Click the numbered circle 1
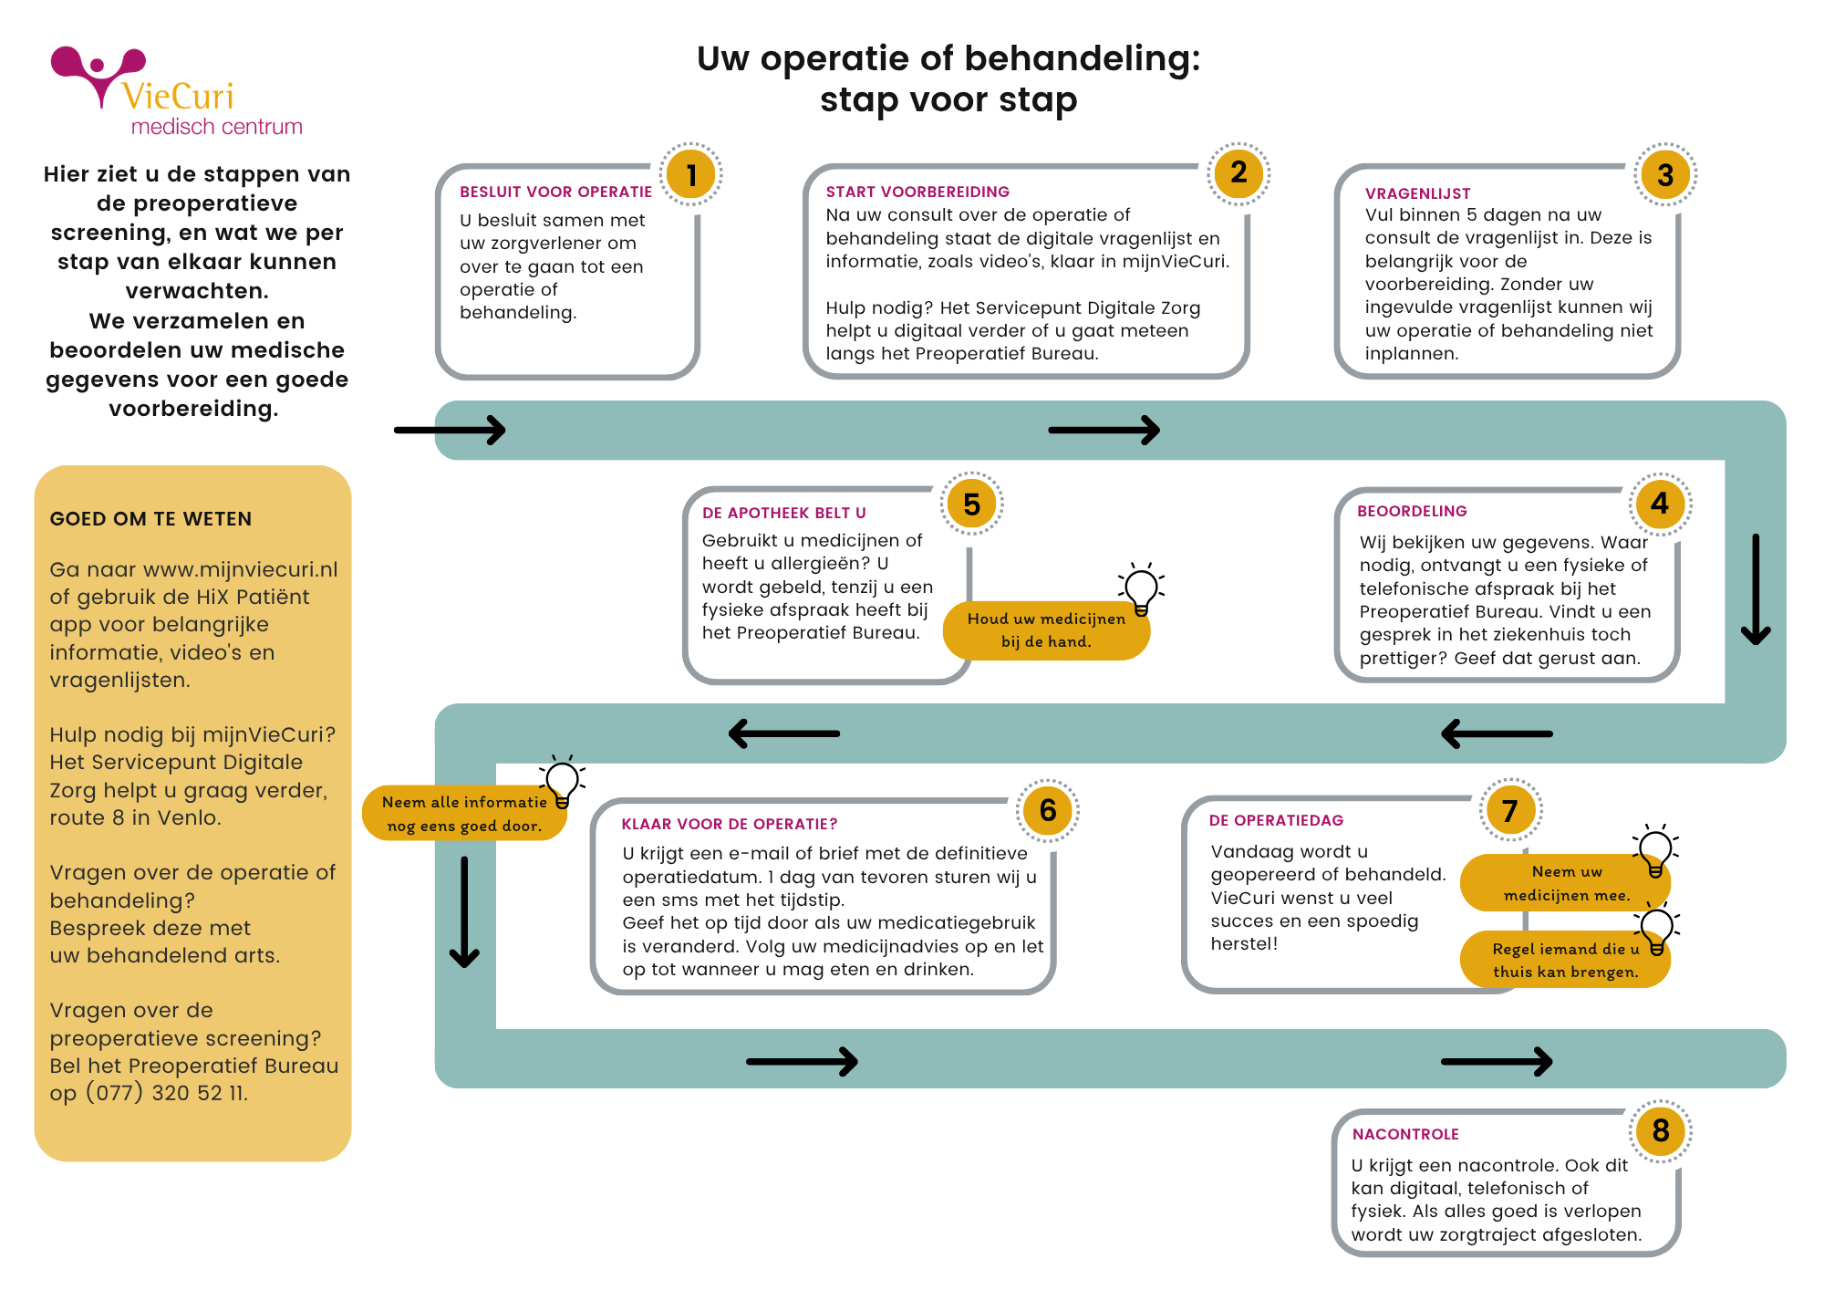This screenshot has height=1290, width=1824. click(691, 174)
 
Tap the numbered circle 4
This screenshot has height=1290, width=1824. click(1660, 504)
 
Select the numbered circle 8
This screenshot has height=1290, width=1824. click(1660, 1131)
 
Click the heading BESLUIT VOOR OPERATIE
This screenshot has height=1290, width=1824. click(555, 192)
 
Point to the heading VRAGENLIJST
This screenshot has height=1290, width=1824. click(1417, 193)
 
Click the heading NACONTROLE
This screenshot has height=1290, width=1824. click(1405, 1134)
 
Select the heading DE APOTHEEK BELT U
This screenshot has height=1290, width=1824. click(783, 513)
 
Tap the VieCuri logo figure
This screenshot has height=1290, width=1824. click(98, 75)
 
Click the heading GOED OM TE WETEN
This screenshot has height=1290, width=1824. click(150, 519)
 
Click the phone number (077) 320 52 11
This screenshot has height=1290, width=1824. click(166, 1093)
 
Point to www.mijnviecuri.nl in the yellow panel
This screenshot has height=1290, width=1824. click(240, 569)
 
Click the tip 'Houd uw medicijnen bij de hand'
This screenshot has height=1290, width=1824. click(1045, 630)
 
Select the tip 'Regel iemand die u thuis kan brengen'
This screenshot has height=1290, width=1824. click(1564, 961)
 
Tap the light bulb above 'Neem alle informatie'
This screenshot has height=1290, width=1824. click(563, 781)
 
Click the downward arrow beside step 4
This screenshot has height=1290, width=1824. click(1756, 589)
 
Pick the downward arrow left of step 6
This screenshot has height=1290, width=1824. click(464, 911)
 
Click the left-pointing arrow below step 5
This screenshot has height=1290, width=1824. click(784, 733)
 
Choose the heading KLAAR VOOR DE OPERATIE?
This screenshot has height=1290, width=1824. click(729, 824)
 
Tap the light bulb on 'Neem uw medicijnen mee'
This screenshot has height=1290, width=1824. click(1654, 851)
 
